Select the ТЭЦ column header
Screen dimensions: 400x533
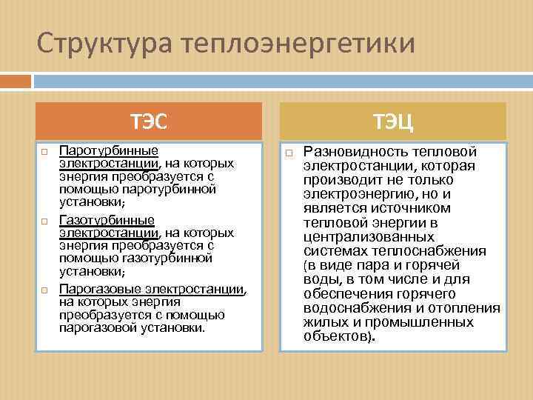pyautogui.click(x=392, y=120)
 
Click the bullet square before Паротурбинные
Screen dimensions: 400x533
pyautogui.click(x=44, y=152)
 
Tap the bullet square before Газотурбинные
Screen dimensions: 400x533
pyautogui.click(x=44, y=221)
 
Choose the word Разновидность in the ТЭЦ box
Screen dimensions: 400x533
pyautogui.click(x=352, y=151)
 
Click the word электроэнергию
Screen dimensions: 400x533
pyautogui.click(x=357, y=195)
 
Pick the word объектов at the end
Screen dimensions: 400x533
pyautogui.click(x=335, y=336)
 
